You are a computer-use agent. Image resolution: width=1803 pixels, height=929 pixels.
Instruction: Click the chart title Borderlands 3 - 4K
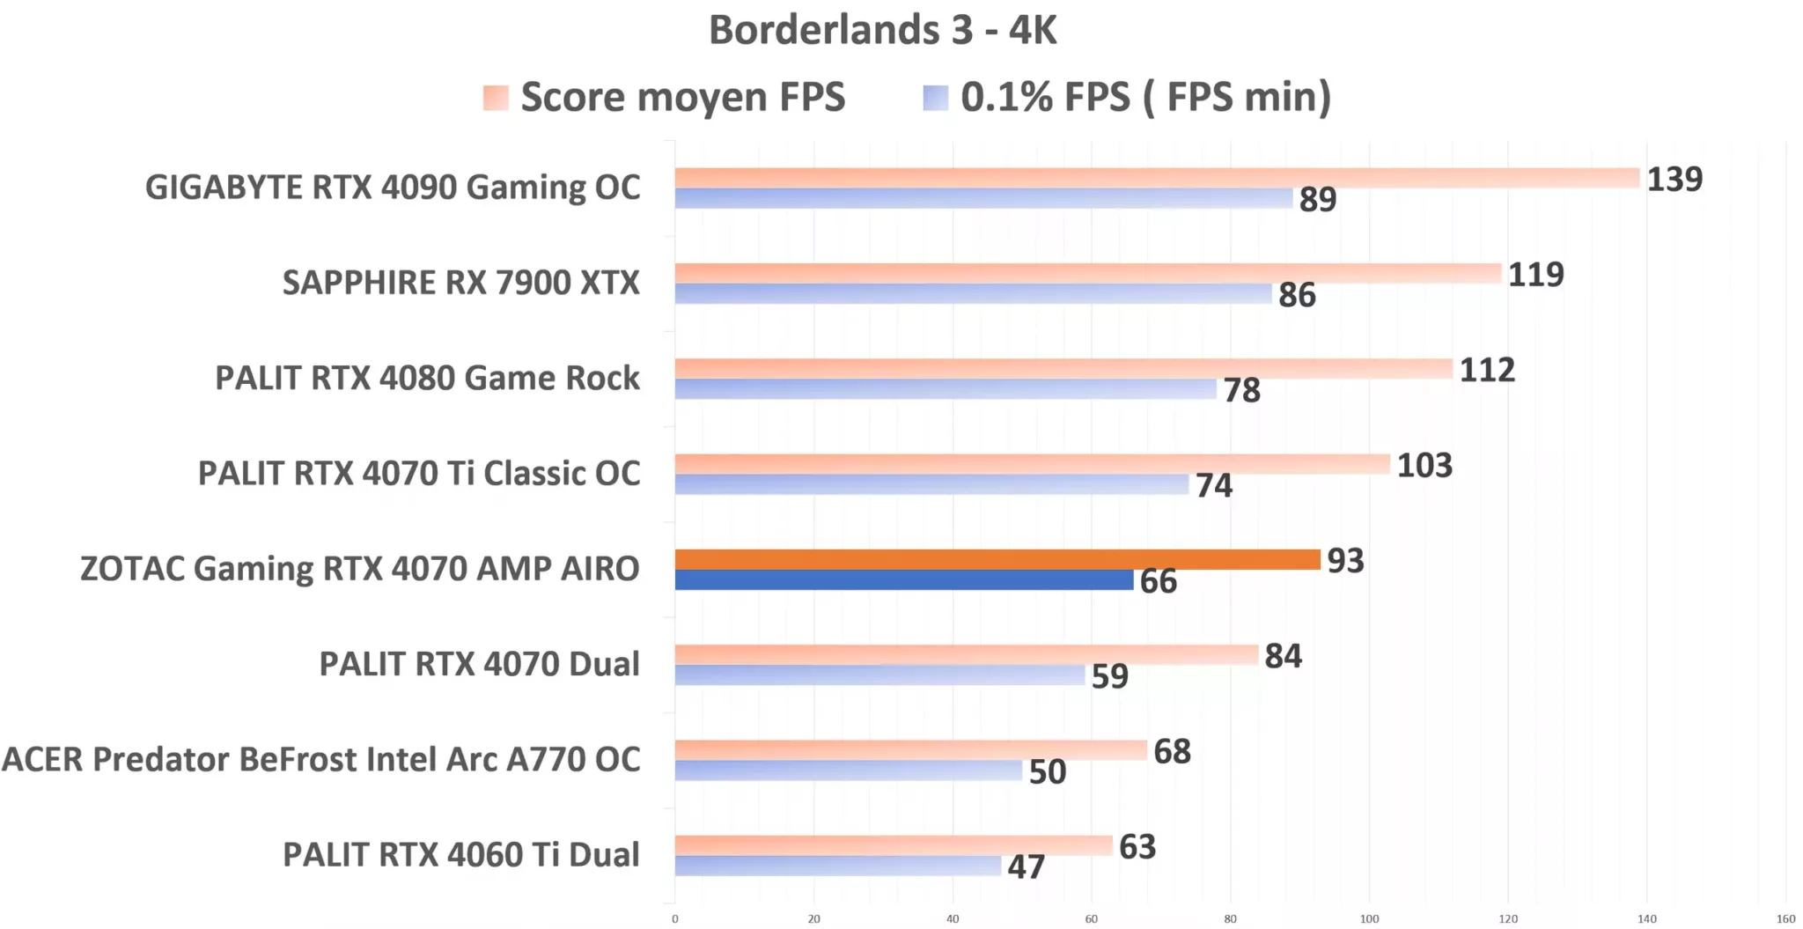pyautogui.click(x=882, y=30)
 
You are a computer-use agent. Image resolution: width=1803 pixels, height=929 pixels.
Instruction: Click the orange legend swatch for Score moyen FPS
pyautogui.click(x=496, y=97)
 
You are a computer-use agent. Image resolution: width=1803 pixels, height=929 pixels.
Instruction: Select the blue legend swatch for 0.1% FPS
pyautogui.click(x=935, y=97)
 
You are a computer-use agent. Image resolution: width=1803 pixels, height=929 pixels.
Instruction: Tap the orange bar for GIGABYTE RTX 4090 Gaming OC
pyautogui.click(x=1156, y=178)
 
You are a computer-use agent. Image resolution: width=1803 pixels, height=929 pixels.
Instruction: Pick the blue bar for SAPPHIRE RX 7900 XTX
pyautogui.click(x=973, y=294)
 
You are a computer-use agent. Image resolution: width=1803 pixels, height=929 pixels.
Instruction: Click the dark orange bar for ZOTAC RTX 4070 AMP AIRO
pyautogui.click(x=997, y=559)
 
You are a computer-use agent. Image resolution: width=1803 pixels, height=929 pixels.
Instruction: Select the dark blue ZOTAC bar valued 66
pyautogui.click(x=903, y=580)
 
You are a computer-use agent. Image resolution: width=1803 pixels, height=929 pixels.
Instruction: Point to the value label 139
pyautogui.click(x=1674, y=180)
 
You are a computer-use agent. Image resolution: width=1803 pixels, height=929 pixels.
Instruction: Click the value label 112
pyautogui.click(x=1487, y=370)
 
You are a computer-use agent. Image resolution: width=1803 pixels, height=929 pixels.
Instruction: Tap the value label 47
pyautogui.click(x=1026, y=867)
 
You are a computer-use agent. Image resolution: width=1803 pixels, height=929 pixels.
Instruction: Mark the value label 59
pyautogui.click(x=1109, y=676)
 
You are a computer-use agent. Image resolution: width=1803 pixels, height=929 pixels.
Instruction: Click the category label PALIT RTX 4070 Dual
pyautogui.click(x=479, y=664)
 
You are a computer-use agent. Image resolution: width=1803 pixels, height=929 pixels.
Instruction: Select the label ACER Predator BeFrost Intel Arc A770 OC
pyautogui.click(x=321, y=759)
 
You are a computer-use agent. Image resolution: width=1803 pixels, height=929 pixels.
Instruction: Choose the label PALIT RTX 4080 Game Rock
pyautogui.click(x=427, y=378)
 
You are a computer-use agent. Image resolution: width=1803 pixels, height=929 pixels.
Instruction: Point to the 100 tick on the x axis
pyautogui.click(x=1369, y=918)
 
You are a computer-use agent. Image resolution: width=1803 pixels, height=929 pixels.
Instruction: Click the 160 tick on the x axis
pyautogui.click(x=1785, y=918)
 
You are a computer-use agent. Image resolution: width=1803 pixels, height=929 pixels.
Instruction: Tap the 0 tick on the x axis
pyautogui.click(x=675, y=918)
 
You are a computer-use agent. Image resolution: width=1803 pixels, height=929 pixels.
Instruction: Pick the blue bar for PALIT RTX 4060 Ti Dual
pyautogui.click(x=837, y=866)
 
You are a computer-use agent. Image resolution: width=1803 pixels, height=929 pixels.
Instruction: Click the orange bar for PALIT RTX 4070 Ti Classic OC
pyautogui.click(x=1032, y=464)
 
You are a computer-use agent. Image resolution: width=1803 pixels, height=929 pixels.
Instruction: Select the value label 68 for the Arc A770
pyautogui.click(x=1172, y=752)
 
